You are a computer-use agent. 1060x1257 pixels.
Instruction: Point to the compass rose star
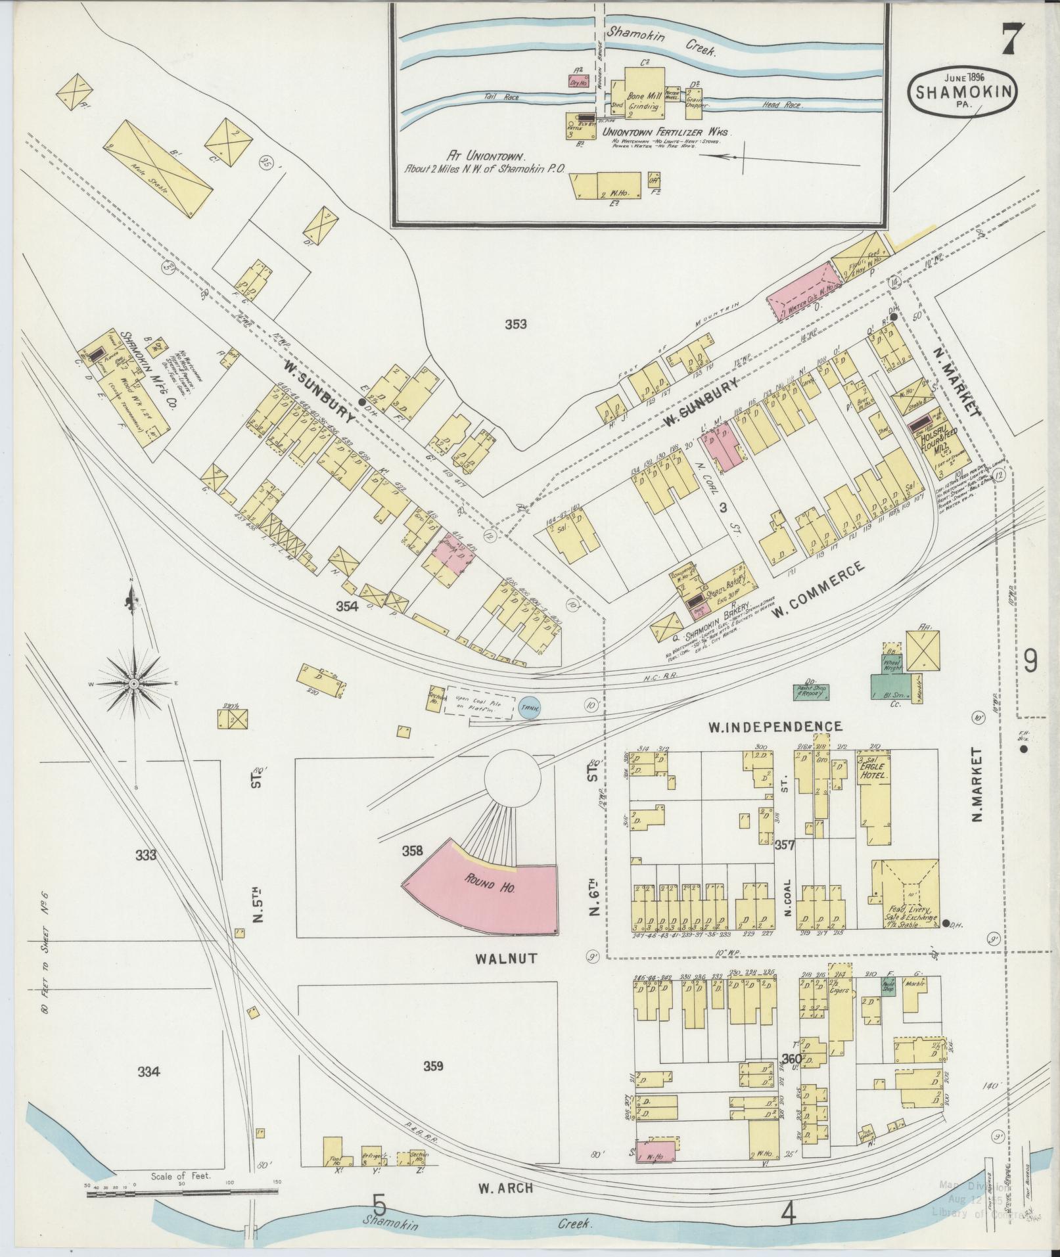tap(133, 684)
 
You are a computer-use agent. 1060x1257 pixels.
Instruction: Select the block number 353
tap(516, 324)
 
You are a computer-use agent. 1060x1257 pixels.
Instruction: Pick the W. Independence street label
tap(774, 726)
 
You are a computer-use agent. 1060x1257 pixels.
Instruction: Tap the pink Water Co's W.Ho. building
tap(798, 291)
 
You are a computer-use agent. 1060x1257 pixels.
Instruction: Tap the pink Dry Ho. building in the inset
tap(578, 82)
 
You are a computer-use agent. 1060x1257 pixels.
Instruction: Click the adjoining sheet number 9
tap(1029, 661)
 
